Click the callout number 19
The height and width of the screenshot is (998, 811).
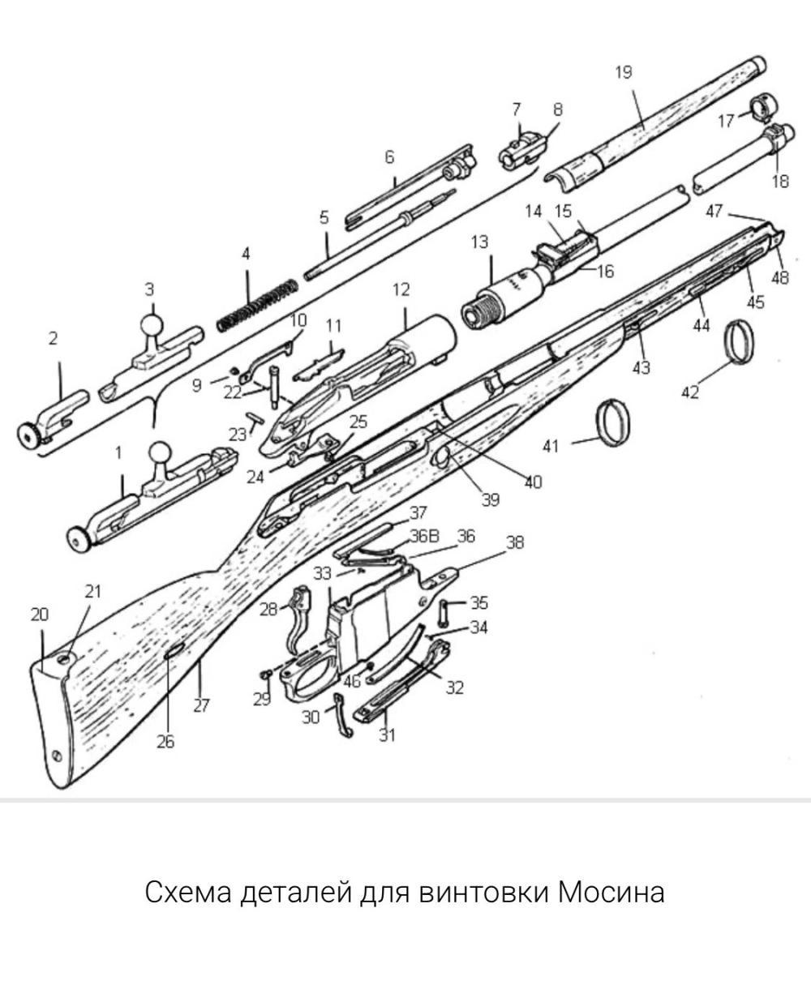point(623,72)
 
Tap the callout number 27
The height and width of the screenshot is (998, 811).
point(202,705)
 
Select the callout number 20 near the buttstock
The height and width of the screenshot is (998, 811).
point(40,615)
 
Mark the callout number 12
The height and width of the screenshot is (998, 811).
point(401,289)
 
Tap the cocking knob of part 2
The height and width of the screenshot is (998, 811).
point(31,435)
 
